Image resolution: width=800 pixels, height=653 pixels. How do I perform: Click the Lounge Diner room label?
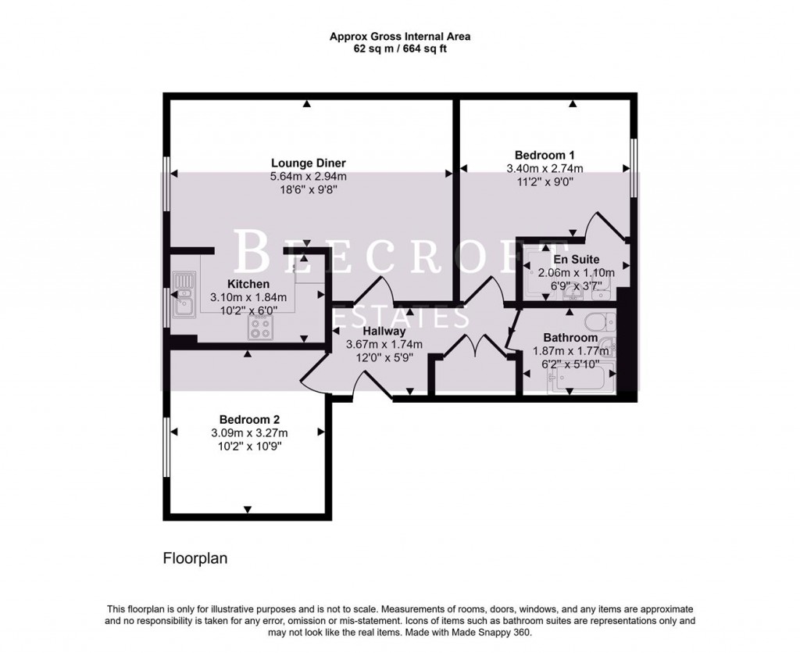pos(308,163)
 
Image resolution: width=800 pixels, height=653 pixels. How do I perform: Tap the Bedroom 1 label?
pos(545,155)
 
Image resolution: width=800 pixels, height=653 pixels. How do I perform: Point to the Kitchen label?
pos(248,284)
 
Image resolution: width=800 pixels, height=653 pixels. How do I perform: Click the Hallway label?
pos(384,332)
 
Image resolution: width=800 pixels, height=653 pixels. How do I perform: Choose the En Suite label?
pos(577,260)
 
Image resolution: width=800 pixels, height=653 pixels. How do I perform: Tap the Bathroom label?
pos(571,338)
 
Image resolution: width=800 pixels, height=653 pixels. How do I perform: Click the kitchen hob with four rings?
pos(259,328)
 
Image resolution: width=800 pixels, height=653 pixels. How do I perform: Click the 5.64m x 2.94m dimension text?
pos(308,177)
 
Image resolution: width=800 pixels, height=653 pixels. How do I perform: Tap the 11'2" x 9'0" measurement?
pos(545,181)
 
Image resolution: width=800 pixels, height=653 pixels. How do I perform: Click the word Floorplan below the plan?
pos(195,558)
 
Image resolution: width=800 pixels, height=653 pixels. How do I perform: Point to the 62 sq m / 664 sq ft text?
pos(399,48)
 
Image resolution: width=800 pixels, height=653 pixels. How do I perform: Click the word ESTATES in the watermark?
pos(400,318)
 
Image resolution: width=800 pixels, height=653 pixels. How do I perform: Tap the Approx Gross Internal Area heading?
pos(399,36)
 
